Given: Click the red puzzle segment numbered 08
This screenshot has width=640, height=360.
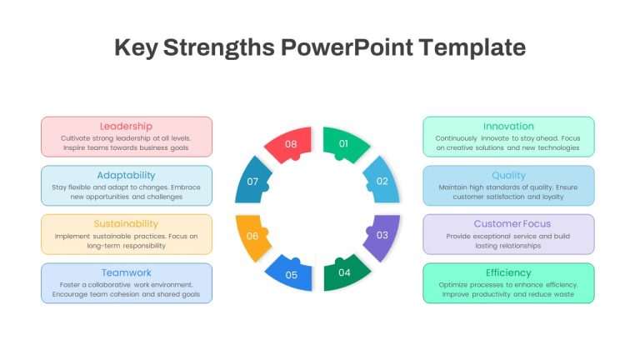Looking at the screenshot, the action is point(291,144).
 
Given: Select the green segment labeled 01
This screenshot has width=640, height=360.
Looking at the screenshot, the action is point(343,143).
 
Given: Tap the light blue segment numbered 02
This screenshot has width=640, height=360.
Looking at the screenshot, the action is point(382,181).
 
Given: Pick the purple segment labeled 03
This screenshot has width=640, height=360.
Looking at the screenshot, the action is point(382,235).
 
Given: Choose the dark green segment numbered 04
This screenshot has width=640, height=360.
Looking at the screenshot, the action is point(344,272).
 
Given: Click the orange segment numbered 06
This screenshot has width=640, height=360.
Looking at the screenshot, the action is point(252,236).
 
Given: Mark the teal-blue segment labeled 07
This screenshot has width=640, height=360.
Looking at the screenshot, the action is point(252,181).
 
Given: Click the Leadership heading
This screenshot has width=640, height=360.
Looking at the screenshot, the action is point(126,127).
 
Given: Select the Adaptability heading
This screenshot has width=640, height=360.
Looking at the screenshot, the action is point(126,176).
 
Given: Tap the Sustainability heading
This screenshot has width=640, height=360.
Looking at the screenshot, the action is point(126,223).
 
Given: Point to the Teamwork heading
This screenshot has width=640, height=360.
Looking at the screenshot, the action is point(126,272).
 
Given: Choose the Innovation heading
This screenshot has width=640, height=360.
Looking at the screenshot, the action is point(508,127).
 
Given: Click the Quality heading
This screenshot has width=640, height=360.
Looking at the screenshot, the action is point(508,176).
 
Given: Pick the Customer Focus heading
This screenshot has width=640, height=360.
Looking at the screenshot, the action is point(512,223).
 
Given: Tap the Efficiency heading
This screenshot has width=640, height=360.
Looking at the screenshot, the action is point(508,272).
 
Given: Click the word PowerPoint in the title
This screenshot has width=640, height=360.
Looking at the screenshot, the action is point(347,47).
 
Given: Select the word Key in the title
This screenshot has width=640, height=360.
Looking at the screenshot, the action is point(136,47).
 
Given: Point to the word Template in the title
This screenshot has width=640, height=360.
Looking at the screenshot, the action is point(472,47).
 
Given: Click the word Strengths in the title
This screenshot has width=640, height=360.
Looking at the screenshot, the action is point(219,47).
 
